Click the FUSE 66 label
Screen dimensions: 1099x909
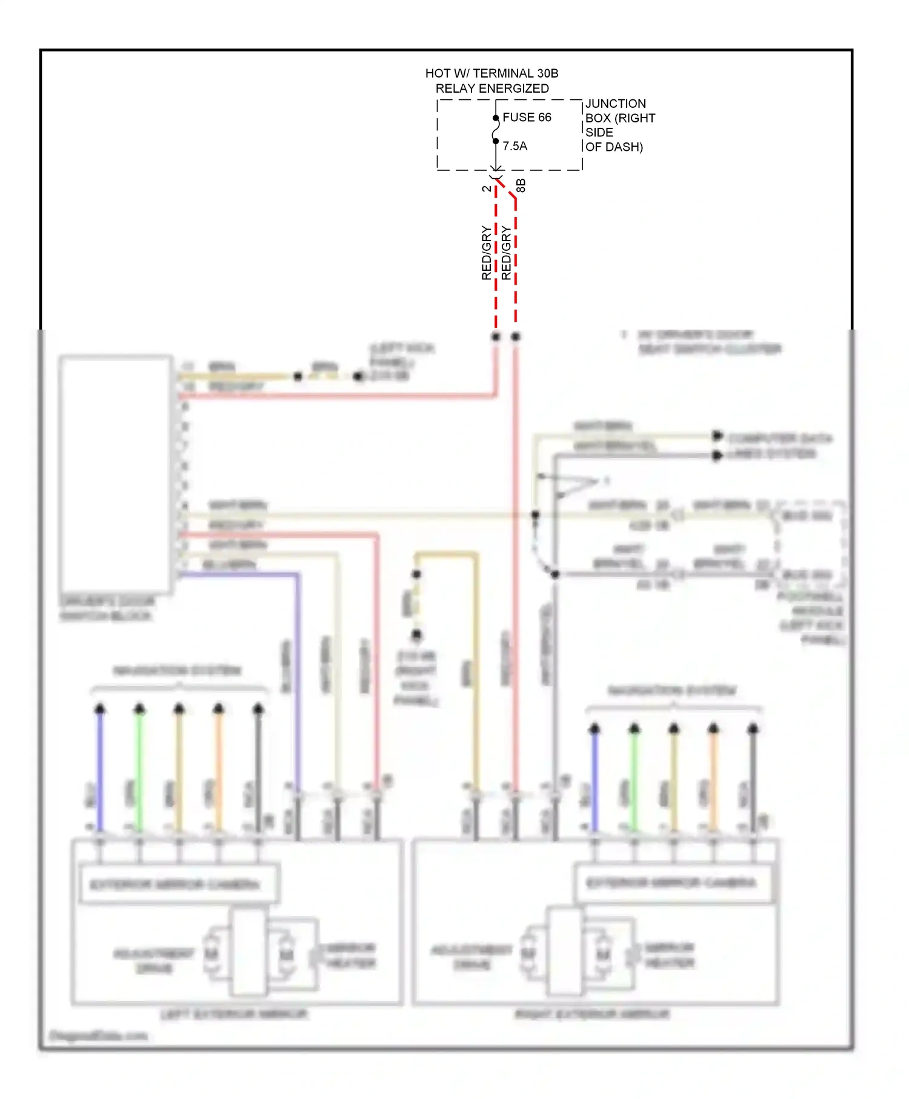click(x=527, y=117)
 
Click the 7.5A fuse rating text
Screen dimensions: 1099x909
click(x=514, y=146)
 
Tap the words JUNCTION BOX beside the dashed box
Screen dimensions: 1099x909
click(x=615, y=110)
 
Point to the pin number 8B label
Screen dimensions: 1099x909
click(x=521, y=185)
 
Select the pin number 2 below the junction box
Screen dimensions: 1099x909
click(x=487, y=188)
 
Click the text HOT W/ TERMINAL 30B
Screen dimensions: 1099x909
click(x=491, y=73)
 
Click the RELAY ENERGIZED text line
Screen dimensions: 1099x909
click(x=492, y=88)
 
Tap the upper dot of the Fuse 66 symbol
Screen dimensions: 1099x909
click(x=496, y=118)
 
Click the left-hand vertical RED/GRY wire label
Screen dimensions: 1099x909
click(x=487, y=253)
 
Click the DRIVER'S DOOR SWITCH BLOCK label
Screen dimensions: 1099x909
click(x=107, y=608)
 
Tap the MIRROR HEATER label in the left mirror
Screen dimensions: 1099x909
click(x=351, y=955)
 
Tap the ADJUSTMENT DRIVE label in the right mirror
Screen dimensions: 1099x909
click(x=471, y=957)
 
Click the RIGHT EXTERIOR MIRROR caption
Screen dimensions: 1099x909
click(x=592, y=1014)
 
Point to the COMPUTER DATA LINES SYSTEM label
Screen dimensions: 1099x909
click(x=779, y=446)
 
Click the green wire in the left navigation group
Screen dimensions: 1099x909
click(x=139, y=769)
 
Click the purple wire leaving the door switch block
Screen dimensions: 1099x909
click(x=298, y=666)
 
